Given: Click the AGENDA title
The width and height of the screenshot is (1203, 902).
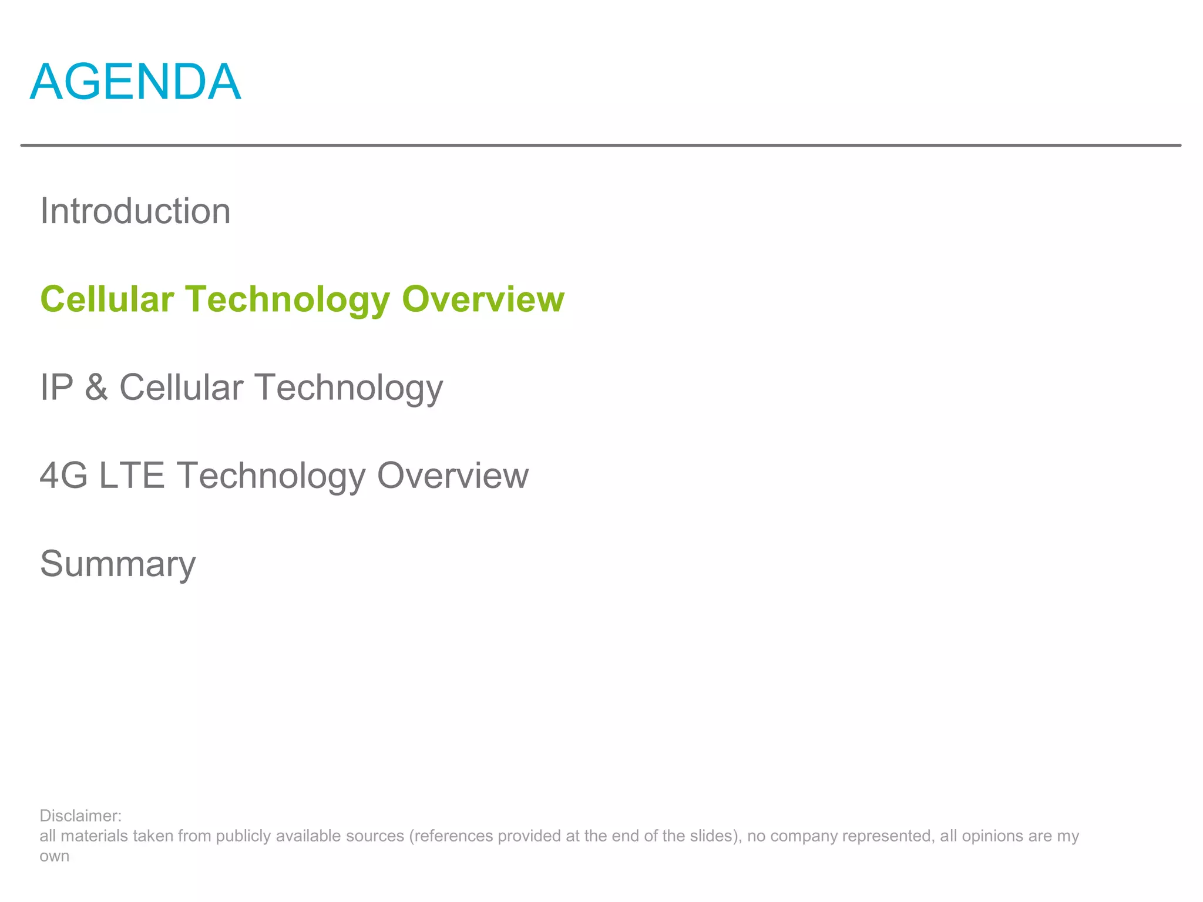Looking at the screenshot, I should pyautogui.click(x=135, y=82).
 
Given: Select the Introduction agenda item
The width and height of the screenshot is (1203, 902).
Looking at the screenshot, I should pyautogui.click(x=135, y=211).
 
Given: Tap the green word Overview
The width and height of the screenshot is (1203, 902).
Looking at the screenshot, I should pyautogui.click(x=483, y=299).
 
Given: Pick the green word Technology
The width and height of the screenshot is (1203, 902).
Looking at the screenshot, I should pyautogui.click(x=288, y=300).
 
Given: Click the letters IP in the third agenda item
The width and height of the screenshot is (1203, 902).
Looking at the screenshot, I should pyautogui.click(x=56, y=388).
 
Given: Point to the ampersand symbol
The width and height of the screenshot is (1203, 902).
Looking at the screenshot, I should pyautogui.click(x=96, y=388).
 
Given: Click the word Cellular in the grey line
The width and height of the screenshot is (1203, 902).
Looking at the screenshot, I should pyautogui.click(x=181, y=388).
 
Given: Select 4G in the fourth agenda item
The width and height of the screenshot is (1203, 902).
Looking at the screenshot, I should pyautogui.click(x=63, y=476).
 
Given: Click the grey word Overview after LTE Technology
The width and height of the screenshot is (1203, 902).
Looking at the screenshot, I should pyautogui.click(x=452, y=476).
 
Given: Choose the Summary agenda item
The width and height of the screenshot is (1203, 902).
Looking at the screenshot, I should pyautogui.click(x=117, y=564).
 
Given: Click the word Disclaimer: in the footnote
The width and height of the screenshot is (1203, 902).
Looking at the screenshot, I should pyautogui.click(x=80, y=816).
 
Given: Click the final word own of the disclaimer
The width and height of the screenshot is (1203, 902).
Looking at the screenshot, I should pyautogui.click(x=54, y=856).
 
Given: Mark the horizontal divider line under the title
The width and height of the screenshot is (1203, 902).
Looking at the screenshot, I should pyautogui.click(x=600, y=145).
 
